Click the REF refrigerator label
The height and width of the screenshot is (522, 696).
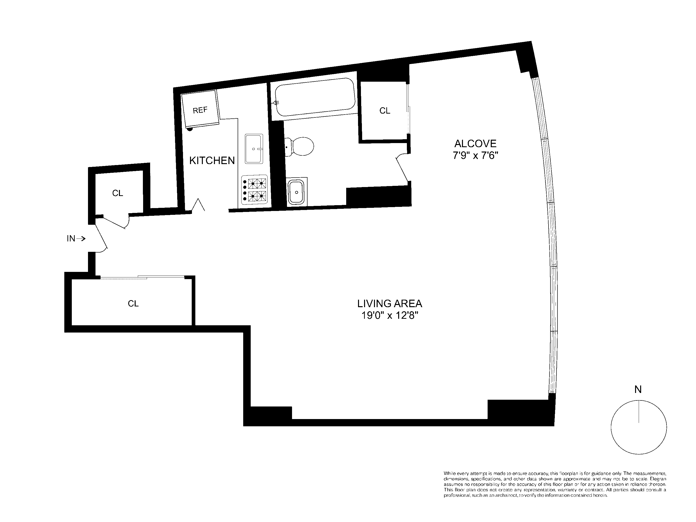pyautogui.click(x=200, y=110)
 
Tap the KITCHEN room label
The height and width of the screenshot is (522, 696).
pyautogui.click(x=212, y=161)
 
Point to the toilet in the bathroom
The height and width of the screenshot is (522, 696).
pyautogui.click(x=300, y=146)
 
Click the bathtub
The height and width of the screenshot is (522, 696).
pyautogui.click(x=315, y=97)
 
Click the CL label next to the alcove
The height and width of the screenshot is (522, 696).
pyautogui.click(x=384, y=111)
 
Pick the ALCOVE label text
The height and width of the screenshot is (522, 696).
pyautogui.click(x=475, y=144)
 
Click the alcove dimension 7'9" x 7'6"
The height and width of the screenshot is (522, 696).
pyautogui.click(x=475, y=156)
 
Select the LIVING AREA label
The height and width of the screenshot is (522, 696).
pyautogui.click(x=389, y=304)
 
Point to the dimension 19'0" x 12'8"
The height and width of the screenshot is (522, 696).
pyautogui.click(x=389, y=315)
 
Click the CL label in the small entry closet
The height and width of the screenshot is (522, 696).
pyautogui.click(x=117, y=193)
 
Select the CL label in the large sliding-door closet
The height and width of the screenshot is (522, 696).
pyautogui.click(x=133, y=304)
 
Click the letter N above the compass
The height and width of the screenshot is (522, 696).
pyautogui.click(x=638, y=390)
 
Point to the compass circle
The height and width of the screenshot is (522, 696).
pyautogui.click(x=639, y=427)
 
